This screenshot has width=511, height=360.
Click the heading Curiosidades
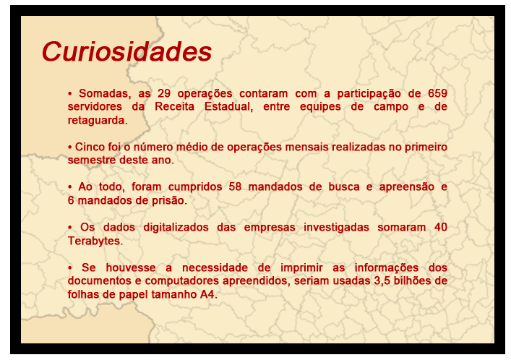pos(126,51)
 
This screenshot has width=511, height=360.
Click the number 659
pos(437,93)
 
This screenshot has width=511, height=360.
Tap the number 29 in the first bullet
pos(164,93)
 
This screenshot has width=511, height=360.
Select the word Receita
pos(174,107)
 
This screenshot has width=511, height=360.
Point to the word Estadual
pos(228,107)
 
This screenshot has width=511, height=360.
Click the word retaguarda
pos(98,120)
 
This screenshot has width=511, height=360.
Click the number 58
pos(235,187)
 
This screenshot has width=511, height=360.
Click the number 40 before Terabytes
pos(441,227)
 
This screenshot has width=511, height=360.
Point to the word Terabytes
pos(95,241)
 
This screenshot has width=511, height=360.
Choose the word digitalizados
pos(176,227)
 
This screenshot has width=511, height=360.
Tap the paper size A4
pos(209,294)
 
